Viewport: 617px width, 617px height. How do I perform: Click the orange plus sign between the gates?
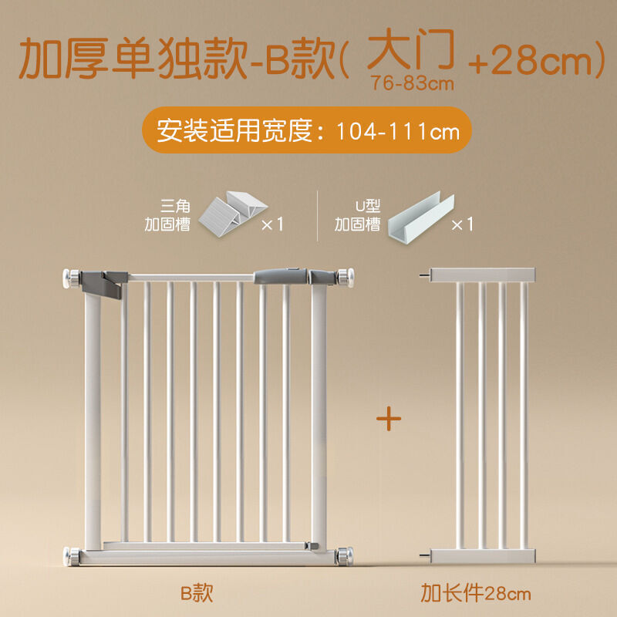point(389,418)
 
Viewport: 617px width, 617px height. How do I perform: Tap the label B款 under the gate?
point(197,592)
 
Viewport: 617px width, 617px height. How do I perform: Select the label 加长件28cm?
point(476,593)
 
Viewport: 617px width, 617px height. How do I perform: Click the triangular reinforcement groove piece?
point(233,214)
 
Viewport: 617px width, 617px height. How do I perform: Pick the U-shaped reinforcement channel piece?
point(421,218)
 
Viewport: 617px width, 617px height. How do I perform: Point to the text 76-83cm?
point(412,83)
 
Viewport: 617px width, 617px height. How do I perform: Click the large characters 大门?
point(411,49)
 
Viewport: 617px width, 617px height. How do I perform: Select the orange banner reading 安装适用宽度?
point(307,130)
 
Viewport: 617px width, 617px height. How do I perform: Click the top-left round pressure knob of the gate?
point(71,278)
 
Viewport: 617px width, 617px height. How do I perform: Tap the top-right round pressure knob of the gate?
point(345,278)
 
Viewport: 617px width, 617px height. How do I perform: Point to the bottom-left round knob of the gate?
point(71,556)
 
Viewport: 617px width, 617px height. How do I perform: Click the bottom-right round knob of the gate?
point(345,556)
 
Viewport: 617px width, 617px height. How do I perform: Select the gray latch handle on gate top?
point(280,276)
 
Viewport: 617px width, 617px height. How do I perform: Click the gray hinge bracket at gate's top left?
point(104,283)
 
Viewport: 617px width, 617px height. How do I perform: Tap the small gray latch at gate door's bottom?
point(313,546)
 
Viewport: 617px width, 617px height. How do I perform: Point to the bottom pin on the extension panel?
point(425,555)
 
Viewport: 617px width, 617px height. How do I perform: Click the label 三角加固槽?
point(167,216)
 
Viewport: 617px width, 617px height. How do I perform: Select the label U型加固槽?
point(357,216)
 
